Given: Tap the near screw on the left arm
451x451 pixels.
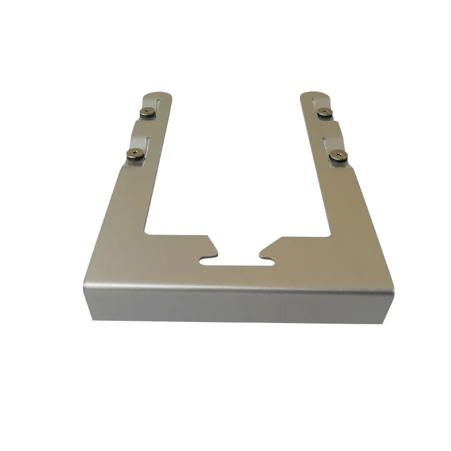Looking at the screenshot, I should [136, 152].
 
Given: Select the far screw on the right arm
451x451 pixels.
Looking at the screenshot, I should [323, 110].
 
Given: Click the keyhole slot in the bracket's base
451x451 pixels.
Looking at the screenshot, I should [237, 261].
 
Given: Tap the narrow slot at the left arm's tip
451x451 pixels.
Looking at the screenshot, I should [160, 105].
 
